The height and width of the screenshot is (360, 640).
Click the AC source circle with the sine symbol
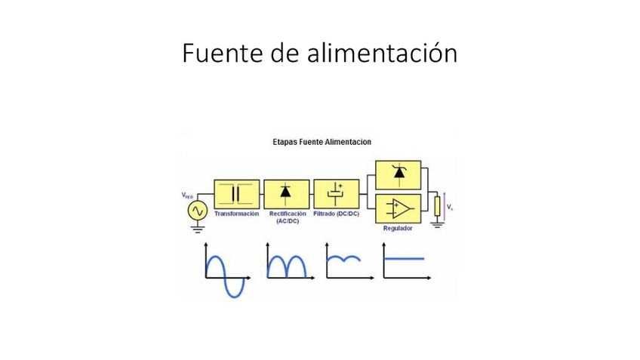point(198,211)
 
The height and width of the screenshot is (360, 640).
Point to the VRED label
point(188,196)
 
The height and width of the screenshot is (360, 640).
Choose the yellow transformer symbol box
point(237,193)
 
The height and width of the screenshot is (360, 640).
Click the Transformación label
point(236,214)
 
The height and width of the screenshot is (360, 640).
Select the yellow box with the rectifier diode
point(286,193)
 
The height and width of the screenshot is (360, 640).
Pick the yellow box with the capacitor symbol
point(336,193)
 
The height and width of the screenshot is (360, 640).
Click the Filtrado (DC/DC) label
point(336,214)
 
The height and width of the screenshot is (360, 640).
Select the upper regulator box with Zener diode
point(398,174)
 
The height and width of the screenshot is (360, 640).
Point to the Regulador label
point(398,228)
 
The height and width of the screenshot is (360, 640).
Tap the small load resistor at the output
point(436,205)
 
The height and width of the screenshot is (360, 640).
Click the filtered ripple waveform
point(343,260)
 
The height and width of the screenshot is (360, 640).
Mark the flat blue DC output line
point(405,259)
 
